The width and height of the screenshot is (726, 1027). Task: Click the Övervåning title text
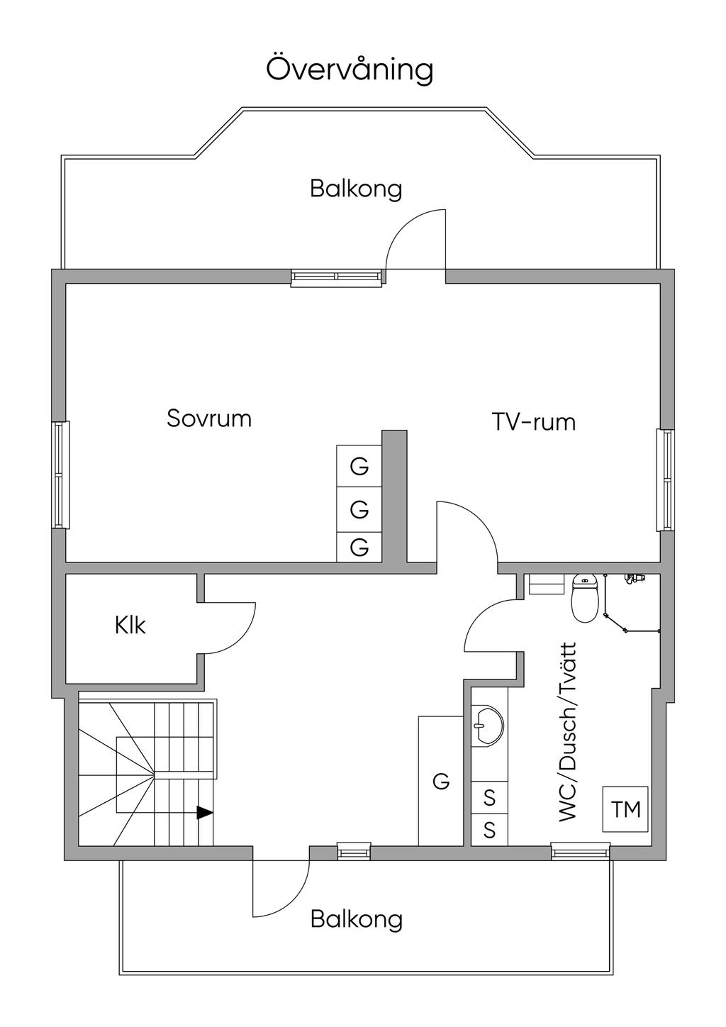(350, 70)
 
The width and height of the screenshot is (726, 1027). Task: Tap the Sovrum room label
(209, 418)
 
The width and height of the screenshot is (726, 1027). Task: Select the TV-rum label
(533, 422)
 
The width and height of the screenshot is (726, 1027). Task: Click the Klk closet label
(130, 625)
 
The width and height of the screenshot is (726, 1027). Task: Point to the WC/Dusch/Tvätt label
(569, 733)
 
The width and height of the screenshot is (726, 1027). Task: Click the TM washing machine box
(625, 809)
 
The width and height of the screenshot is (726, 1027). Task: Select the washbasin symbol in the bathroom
(487, 725)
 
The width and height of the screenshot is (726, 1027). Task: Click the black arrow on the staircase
(204, 813)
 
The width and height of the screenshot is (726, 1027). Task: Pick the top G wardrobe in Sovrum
(359, 467)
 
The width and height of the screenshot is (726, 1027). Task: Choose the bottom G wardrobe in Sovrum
(359, 548)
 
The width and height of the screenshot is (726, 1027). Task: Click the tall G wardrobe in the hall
(440, 781)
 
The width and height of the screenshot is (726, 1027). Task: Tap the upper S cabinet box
(489, 798)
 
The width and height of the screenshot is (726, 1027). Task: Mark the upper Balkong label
(356, 189)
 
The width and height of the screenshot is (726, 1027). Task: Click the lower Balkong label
(357, 919)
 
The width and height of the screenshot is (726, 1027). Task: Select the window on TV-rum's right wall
(665, 480)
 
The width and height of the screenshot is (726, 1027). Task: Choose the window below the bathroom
(580, 850)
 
